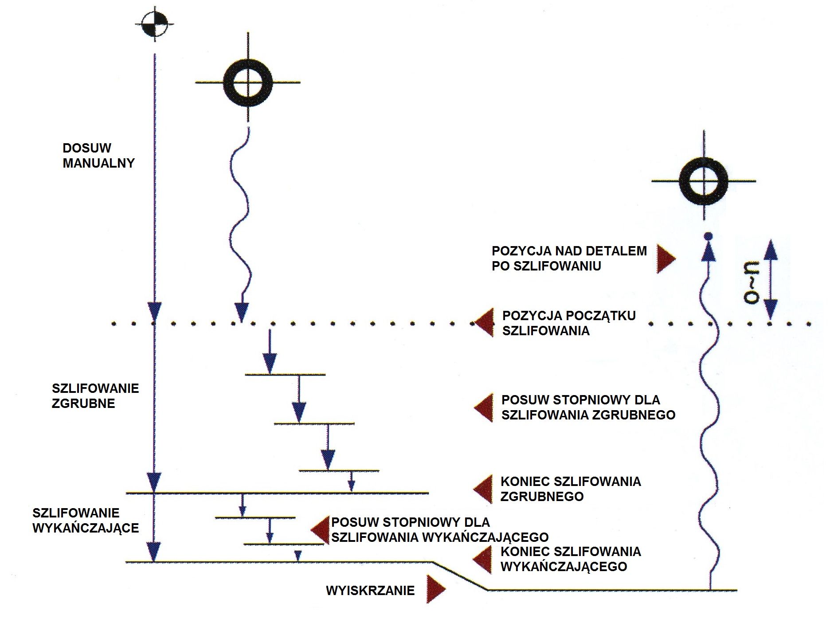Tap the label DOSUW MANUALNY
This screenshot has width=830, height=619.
pos(98,156)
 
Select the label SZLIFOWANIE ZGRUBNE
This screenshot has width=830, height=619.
pos(95,396)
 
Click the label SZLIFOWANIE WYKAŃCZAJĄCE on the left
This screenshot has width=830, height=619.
pos(86,521)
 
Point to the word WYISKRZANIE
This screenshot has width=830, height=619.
pos(370,591)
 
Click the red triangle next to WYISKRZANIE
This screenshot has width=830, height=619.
pos(435,589)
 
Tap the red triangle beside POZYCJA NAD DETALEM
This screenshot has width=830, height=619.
pos(665,259)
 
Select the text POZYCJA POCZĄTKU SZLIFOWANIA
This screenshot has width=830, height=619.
pos(568,323)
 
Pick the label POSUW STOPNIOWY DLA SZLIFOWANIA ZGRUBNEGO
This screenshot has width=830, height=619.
pos(588,407)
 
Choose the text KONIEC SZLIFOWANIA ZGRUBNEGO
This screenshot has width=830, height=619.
pos(570,489)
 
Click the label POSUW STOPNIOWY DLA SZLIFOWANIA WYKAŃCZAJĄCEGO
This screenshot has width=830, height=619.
pos(439,530)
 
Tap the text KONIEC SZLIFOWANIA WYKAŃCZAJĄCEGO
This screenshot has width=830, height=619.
pos(570,559)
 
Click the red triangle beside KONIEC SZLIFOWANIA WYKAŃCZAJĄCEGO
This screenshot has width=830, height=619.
pos(483,559)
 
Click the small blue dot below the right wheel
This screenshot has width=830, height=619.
pos(708,235)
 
